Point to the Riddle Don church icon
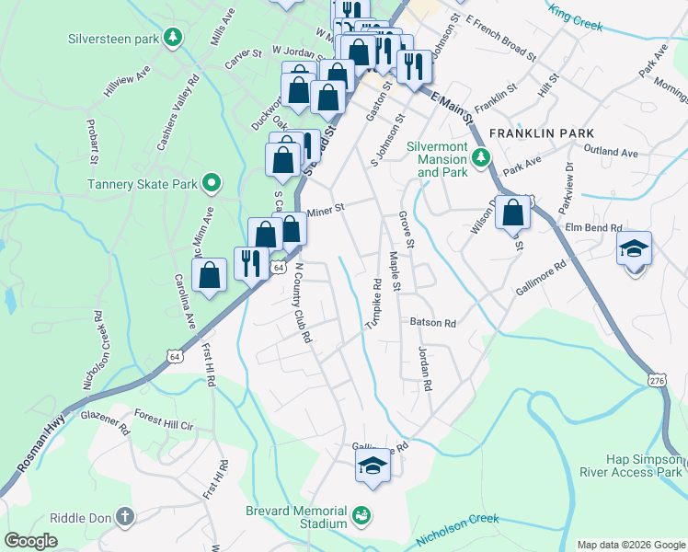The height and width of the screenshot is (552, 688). pyautogui.click(x=126, y=518)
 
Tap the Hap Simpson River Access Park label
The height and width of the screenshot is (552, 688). pyautogui.click(x=643, y=466)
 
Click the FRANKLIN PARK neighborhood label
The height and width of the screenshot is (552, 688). pyautogui.click(x=535, y=133)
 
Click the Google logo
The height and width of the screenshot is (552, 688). pyautogui.click(x=31, y=541)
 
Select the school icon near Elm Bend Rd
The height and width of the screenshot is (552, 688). pyautogui.click(x=634, y=249)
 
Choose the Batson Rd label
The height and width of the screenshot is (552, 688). pyautogui.click(x=432, y=323)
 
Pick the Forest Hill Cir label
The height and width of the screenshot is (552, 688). pyautogui.click(x=164, y=426)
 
